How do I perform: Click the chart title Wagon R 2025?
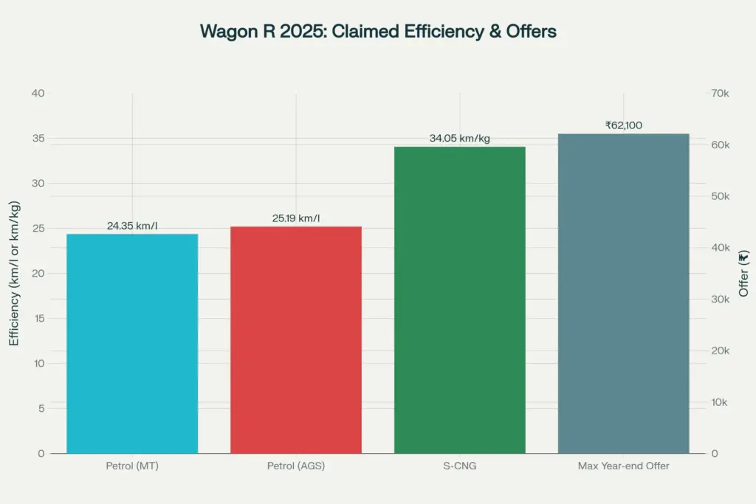coord(378,31)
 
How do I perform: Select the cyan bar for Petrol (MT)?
coord(132,343)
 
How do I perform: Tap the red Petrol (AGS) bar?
coord(296,339)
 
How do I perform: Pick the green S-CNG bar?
coord(459,300)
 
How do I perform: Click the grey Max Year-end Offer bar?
coord(623,293)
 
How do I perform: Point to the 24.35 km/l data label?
coord(132,226)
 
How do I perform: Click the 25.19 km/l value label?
coord(296,218)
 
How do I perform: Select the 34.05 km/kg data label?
coord(459,138)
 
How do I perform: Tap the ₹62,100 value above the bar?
coord(623,125)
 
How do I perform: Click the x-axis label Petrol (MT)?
coord(132,466)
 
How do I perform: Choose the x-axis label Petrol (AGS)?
coord(296,466)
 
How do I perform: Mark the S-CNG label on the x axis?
coord(459,466)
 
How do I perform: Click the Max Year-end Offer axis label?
coord(623,466)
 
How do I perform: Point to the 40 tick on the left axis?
coord(38,93)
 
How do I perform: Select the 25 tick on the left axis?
coord(38,228)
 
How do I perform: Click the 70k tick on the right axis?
coord(720,93)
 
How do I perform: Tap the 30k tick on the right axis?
coord(720,299)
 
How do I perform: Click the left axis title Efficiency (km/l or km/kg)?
coord(14,273)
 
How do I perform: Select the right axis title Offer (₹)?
coord(743,273)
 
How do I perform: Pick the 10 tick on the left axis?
coord(38,363)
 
